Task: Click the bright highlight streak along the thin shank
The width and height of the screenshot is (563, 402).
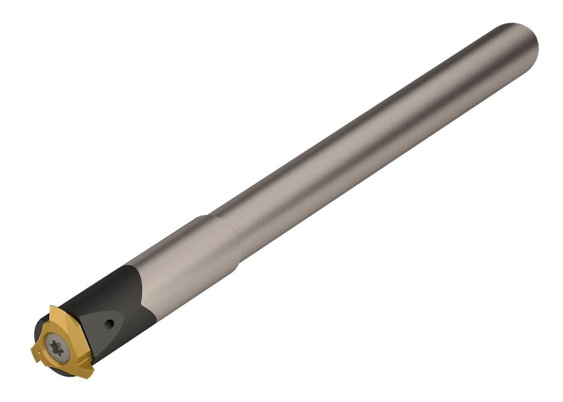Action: [372, 124]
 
